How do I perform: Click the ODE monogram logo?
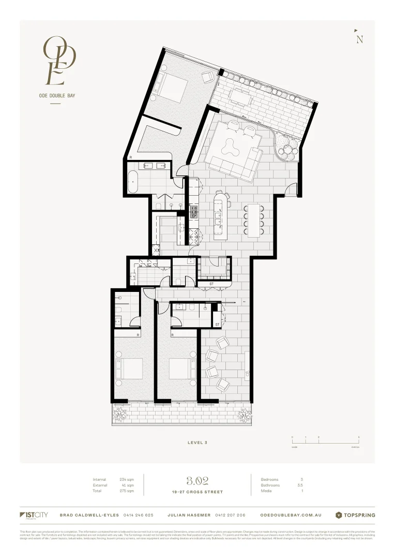pyautogui.click(x=60, y=60)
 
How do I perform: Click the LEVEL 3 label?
pyautogui.click(x=197, y=443)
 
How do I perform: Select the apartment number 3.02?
pyautogui.click(x=197, y=481)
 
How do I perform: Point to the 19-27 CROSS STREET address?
pyautogui.click(x=197, y=492)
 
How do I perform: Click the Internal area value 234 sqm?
pyautogui.click(x=127, y=480)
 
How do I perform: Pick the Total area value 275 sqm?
pyautogui.click(x=127, y=491)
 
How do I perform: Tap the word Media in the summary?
pyautogui.click(x=267, y=491)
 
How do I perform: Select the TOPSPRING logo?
pyautogui.click(x=355, y=515)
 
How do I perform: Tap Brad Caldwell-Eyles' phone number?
pyautogui.click(x=139, y=516)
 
